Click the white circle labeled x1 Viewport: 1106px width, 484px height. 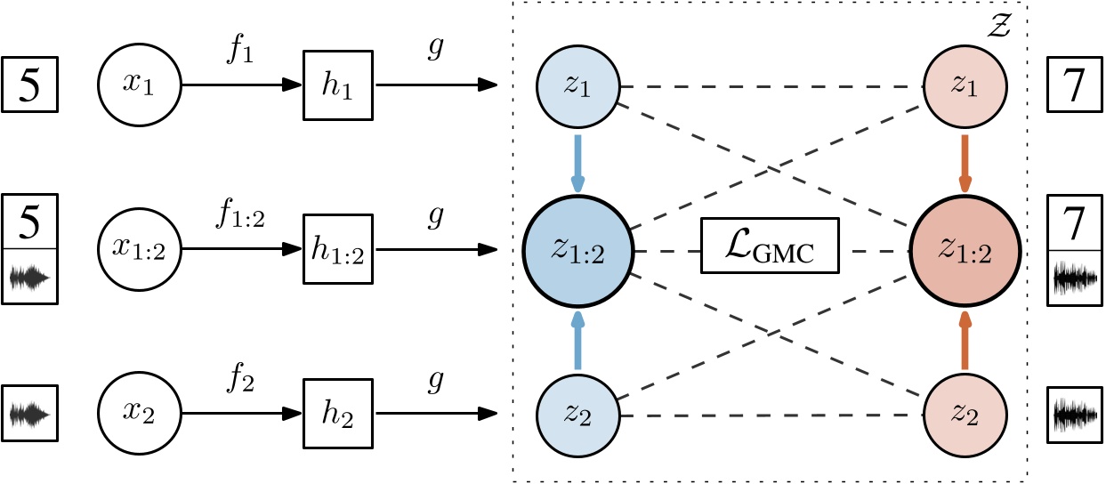tap(140, 85)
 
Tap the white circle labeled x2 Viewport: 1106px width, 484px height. tap(140, 414)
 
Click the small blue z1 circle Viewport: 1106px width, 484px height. tap(577, 87)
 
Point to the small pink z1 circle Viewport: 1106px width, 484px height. tap(965, 87)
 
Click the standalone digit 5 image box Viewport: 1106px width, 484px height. tap(30, 85)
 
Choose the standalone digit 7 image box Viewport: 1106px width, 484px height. tap(1075, 85)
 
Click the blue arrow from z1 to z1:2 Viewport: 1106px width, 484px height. tap(577, 163)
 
